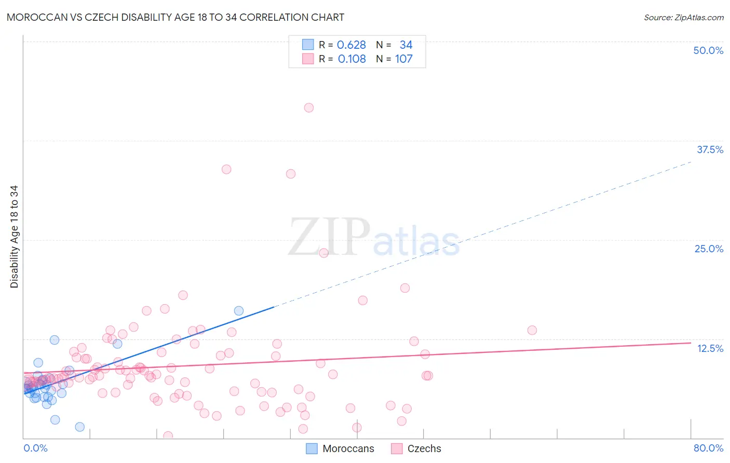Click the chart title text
point(175,17)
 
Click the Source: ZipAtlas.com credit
point(683,17)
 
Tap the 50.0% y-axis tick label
point(708,50)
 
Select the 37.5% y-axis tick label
point(710,149)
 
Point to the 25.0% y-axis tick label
point(709,249)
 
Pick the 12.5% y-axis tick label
point(710,348)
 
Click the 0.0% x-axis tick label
point(35,448)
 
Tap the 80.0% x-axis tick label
point(708,448)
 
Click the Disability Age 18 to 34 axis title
point(14,237)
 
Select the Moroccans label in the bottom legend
point(348,448)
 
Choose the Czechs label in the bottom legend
point(424,448)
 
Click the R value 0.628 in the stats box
point(352,45)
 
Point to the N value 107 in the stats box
point(403,59)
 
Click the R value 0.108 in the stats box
point(352,59)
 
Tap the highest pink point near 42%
point(309,108)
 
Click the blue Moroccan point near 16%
point(239,311)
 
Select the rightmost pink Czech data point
point(532,330)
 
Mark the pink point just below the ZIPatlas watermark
point(324,253)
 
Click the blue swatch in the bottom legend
point(312,448)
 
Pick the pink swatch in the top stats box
point(308,59)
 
